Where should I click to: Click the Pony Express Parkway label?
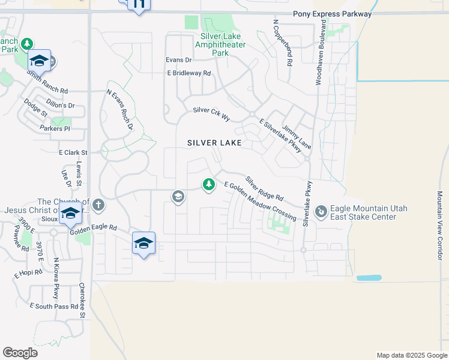click(332, 14)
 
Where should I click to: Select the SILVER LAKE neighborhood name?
click(214, 143)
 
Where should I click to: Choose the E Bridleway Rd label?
click(189, 73)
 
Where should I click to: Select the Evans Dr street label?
click(178, 60)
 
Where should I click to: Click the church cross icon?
click(98, 206)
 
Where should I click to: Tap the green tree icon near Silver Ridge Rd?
click(209, 184)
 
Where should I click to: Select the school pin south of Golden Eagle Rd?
click(143, 243)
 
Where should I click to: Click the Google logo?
click(20, 353)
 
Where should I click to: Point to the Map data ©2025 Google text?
click(411, 355)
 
